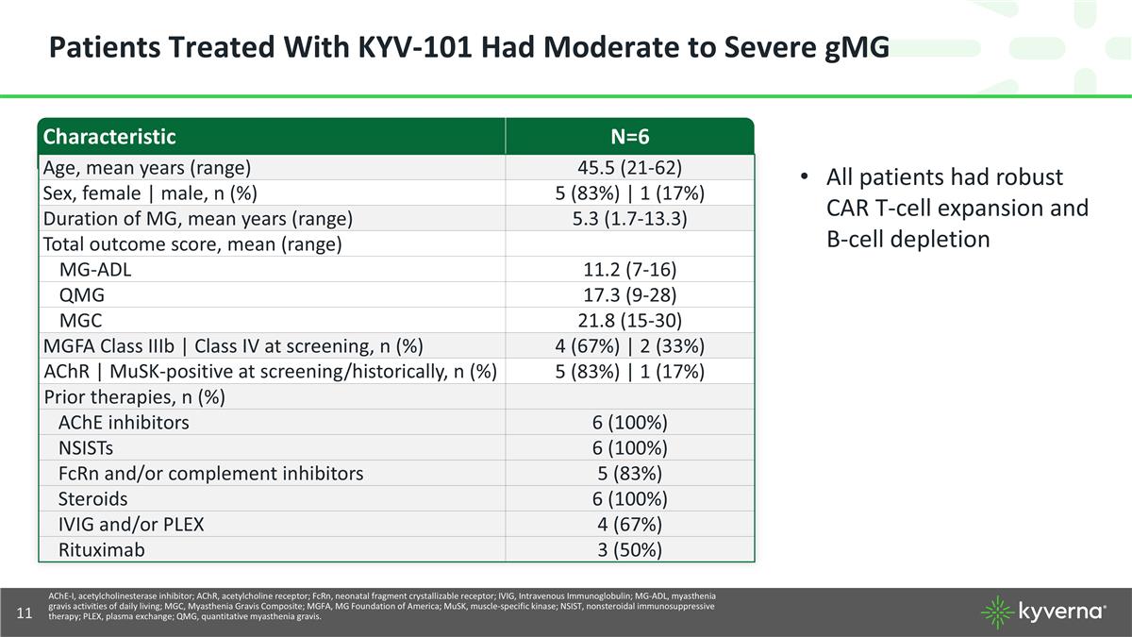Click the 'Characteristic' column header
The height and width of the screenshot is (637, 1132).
[109, 137]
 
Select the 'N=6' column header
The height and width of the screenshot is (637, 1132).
[629, 137]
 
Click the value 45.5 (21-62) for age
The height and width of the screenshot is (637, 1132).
[629, 168]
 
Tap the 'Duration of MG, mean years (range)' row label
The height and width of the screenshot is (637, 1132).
[198, 219]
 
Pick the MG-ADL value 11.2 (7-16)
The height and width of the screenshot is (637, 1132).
[629, 270]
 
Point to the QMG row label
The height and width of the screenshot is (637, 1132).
[82, 295]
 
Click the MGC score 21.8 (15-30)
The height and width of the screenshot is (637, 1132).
[629, 321]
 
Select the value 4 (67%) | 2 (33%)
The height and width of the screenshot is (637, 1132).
[629, 346]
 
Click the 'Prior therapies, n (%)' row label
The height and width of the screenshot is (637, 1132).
[134, 397]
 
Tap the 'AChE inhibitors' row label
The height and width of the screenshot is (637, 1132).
[124, 423]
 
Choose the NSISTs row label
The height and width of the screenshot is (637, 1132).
[86, 448]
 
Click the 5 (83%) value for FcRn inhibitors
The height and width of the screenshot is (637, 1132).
[629, 474]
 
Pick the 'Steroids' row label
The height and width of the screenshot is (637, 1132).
[92, 499]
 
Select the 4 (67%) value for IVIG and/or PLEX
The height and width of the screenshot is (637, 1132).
[629, 525]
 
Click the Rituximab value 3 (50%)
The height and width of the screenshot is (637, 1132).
[629, 550]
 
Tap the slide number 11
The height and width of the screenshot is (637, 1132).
[25, 613]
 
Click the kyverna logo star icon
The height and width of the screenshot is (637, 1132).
[997, 612]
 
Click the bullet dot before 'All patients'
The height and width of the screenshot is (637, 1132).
[804, 178]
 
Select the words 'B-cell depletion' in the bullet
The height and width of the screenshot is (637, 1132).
[907, 239]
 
